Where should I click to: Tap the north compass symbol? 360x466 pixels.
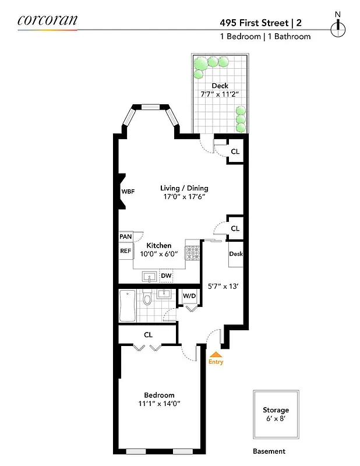point(337,26)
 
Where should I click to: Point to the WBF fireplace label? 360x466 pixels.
point(128,192)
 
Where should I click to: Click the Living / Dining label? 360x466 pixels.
point(184,188)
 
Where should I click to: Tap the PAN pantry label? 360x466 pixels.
point(126,237)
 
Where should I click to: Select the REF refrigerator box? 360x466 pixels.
point(126,251)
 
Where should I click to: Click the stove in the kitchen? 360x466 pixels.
point(192,252)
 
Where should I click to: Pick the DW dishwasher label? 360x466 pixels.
point(166,276)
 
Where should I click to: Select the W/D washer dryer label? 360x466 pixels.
point(190,296)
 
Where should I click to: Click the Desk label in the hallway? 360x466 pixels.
point(235,254)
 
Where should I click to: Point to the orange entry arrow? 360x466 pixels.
point(216,354)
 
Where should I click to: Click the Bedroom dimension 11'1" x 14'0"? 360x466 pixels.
point(159,403)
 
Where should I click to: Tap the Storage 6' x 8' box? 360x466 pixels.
point(276,415)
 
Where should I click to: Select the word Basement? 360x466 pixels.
point(269,451)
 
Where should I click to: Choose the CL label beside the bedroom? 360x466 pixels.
point(148,335)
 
